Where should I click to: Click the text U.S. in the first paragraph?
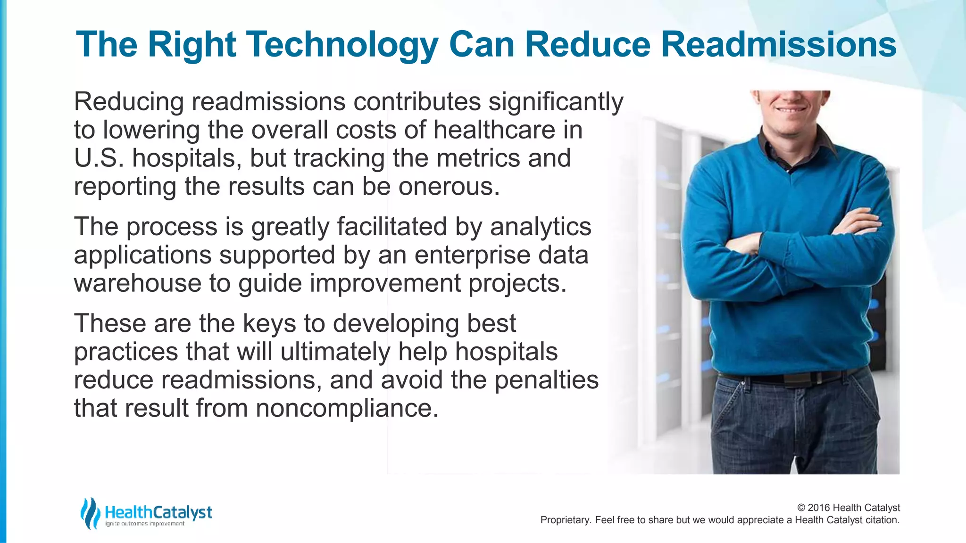(99, 158)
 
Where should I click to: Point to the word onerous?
(449, 187)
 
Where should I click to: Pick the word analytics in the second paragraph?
(541, 227)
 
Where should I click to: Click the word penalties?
(546, 380)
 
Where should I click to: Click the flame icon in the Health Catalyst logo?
(90, 513)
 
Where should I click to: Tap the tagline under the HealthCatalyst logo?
(144, 524)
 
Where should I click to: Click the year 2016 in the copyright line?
(819, 508)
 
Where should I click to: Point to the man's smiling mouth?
(792, 110)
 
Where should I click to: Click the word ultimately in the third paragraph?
(335, 352)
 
